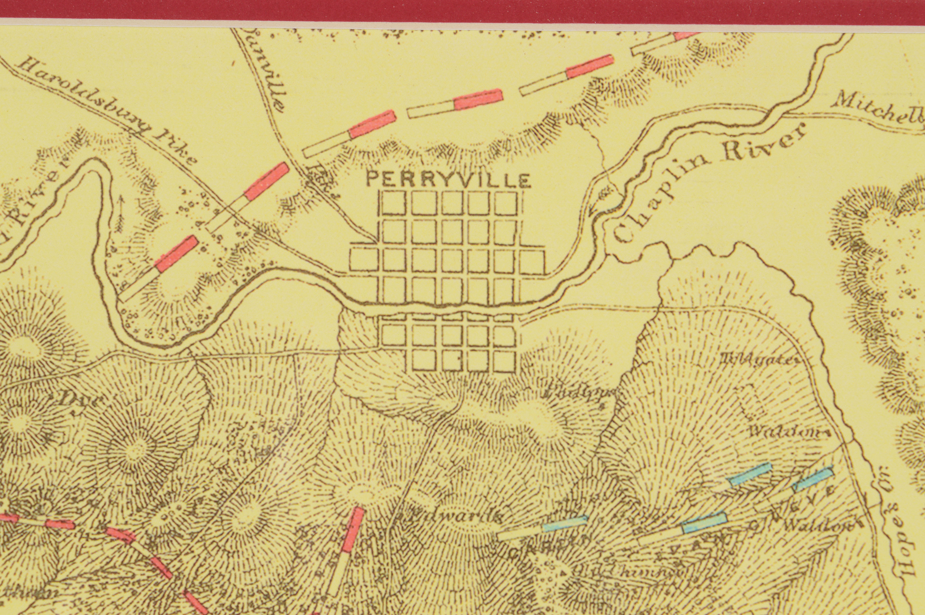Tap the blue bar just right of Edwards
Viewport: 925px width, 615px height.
point(565,524)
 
